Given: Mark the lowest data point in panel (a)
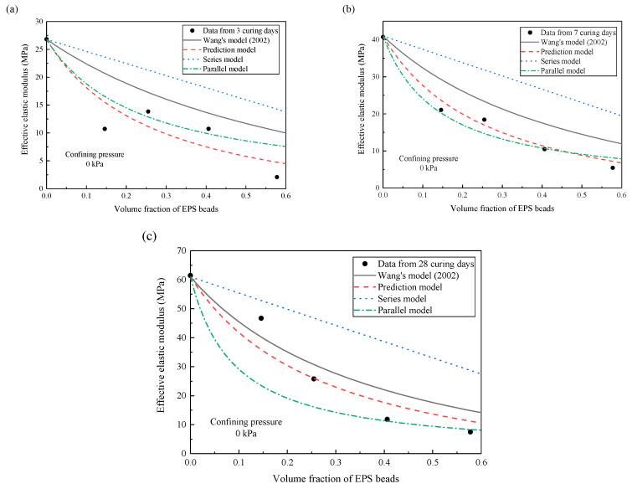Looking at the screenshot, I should point(277,177).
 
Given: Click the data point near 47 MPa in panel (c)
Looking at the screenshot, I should point(261,318).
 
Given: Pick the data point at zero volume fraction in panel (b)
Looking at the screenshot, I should point(383,37).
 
